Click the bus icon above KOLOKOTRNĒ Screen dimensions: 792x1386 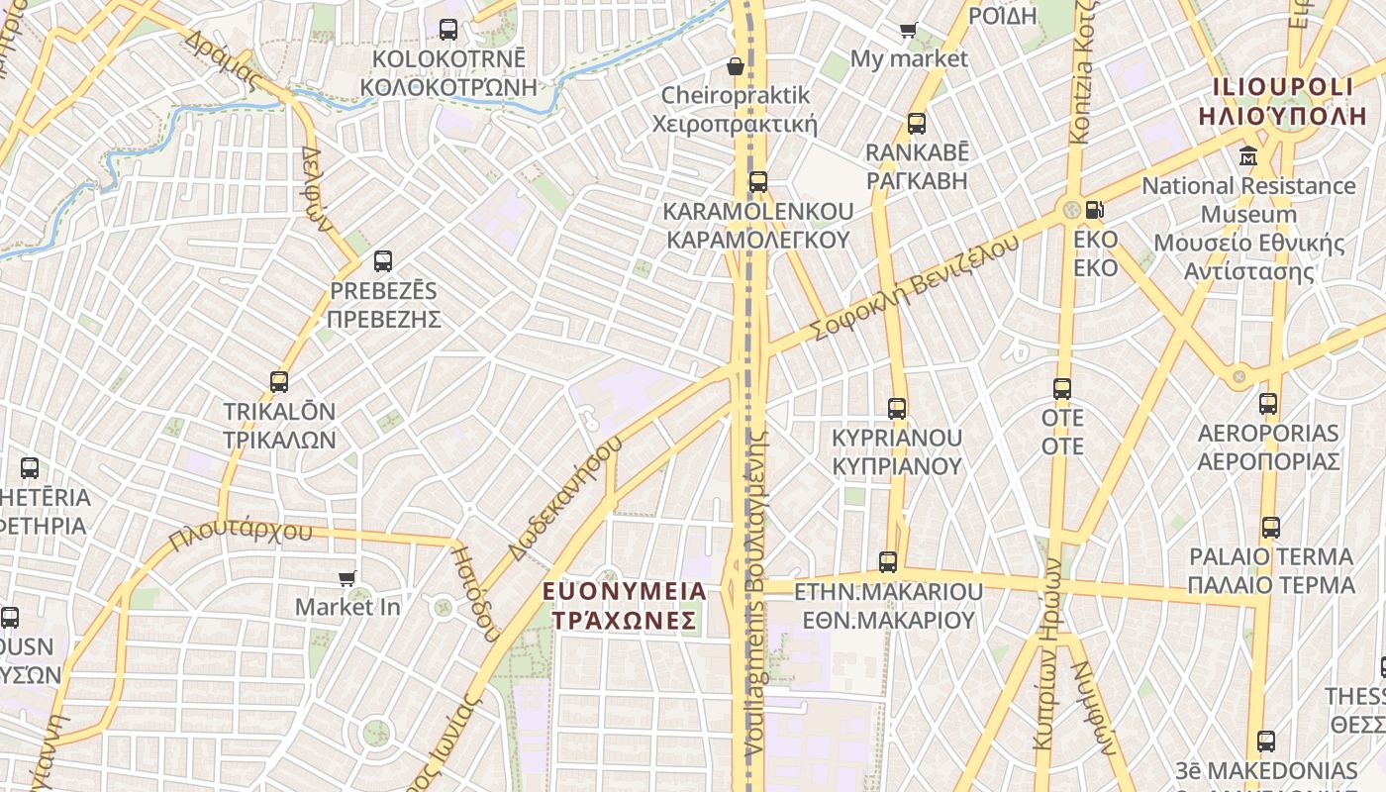[x=448, y=30]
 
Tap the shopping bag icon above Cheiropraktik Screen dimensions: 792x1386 [x=736, y=66]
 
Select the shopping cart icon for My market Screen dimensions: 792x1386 [x=908, y=30]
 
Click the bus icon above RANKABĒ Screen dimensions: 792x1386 [x=917, y=124]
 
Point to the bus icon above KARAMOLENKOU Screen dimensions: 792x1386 [x=758, y=182]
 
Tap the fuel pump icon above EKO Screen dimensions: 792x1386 [x=1095, y=210]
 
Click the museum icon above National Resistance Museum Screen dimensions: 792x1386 [x=1247, y=156]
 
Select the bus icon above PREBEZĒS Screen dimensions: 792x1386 [x=383, y=261]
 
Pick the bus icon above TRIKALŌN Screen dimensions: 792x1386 [x=279, y=382]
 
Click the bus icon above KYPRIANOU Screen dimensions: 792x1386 [x=897, y=408]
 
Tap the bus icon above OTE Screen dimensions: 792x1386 [x=1062, y=389]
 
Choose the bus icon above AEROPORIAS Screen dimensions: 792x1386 [x=1268, y=404]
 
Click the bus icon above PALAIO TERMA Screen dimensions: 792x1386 [x=1271, y=528]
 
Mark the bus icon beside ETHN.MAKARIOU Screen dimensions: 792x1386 [x=888, y=562]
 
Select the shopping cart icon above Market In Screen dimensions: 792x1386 [x=347, y=578]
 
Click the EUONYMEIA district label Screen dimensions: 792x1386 [x=625, y=592]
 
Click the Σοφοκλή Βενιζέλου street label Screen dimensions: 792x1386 [x=914, y=287]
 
